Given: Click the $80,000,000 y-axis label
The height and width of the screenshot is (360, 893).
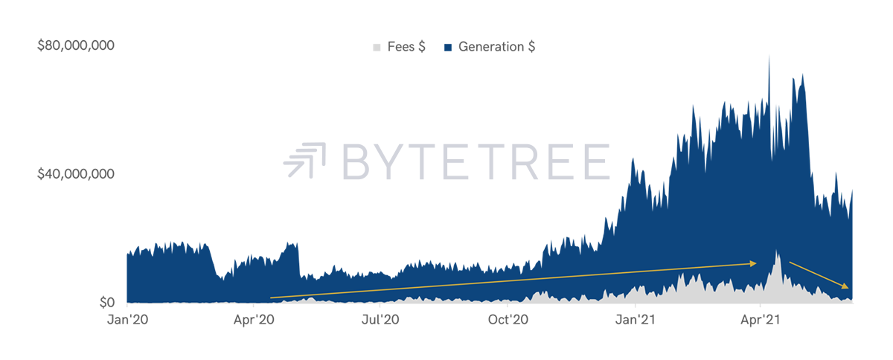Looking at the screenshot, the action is coord(76,45).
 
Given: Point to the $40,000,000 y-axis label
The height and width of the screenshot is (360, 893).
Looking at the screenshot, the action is coord(76,174).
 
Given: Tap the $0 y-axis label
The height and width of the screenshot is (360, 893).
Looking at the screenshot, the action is coord(107,303).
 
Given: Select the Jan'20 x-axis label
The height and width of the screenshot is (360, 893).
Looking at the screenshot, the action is coord(127,319).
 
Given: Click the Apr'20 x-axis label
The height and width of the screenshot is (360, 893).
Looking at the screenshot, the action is coord(254,319).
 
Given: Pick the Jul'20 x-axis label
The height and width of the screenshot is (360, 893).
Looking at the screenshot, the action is coord(380,319).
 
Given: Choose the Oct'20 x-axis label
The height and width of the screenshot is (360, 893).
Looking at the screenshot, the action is coord(508,319).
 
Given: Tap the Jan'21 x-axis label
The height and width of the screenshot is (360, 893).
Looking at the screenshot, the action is coord(635,319).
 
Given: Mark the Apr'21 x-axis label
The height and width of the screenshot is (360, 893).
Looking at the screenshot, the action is coord(761,319).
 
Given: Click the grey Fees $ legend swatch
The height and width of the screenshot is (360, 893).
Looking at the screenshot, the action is coord(377,48).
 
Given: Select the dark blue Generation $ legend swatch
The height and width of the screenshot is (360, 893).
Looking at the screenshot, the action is coord(448,48).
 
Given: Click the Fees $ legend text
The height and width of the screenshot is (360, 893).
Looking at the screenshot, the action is coord(406,47).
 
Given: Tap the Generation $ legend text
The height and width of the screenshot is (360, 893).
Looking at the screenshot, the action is coord(497,47).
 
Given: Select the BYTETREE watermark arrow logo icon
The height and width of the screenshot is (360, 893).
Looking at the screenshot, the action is coord(305,160).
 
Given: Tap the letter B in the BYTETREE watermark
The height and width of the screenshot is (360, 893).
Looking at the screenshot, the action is coord(356,161).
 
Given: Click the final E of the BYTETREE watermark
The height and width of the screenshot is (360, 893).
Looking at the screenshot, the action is coord(596,161).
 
